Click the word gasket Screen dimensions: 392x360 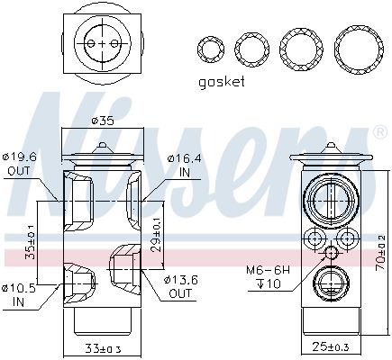click(222, 82)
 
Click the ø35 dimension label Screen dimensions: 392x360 click(103, 121)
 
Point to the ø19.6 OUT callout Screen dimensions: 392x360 click(19, 164)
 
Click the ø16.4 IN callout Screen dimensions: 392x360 click(185, 166)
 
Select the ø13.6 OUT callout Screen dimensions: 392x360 click(180, 286)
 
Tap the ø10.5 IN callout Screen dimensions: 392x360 click(19, 295)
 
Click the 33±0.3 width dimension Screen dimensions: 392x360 click(103, 349)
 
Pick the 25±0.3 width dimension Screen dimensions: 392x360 click(331, 347)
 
